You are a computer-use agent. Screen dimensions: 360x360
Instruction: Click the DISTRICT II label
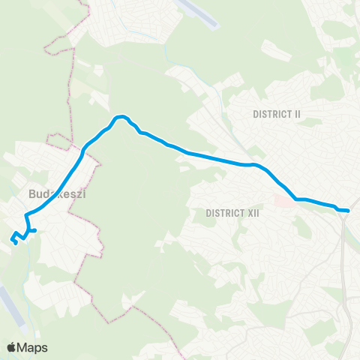click(277, 114)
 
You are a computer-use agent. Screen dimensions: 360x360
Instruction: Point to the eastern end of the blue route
click(348, 211)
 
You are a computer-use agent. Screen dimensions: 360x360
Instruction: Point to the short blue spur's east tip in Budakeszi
click(35, 230)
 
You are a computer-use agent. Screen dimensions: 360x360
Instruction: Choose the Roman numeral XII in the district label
click(252, 213)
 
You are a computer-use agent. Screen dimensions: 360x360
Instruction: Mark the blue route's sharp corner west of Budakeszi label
click(26, 216)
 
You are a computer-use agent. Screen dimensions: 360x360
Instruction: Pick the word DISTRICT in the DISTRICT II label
click(271, 114)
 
